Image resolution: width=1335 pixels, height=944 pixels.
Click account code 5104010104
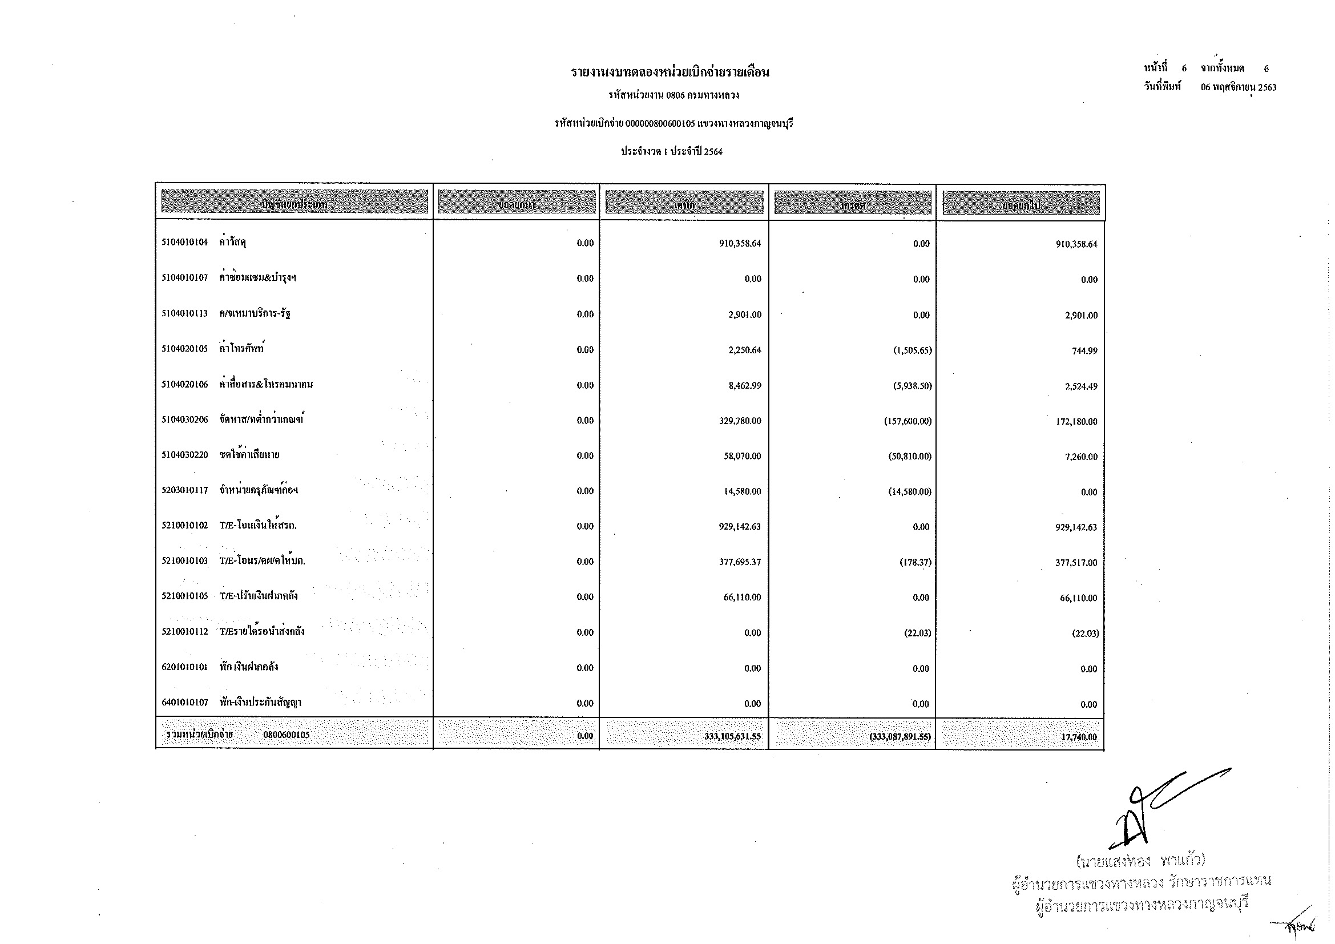(x=184, y=243)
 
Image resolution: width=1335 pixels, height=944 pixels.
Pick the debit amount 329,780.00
(x=740, y=421)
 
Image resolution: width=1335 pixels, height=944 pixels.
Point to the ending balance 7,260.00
(x=1081, y=457)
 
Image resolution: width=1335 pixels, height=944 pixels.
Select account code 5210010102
(x=184, y=526)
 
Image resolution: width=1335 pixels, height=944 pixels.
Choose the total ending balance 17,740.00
(x=1079, y=737)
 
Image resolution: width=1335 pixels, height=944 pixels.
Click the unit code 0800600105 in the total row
(x=286, y=735)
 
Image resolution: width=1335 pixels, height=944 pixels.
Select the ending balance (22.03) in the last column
(x=1085, y=634)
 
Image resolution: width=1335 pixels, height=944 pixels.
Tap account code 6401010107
(x=184, y=703)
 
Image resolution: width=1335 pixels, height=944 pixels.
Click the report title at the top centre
(x=670, y=72)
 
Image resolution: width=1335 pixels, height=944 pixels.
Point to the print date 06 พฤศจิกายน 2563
(x=1239, y=88)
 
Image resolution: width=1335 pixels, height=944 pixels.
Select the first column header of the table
(x=294, y=203)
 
